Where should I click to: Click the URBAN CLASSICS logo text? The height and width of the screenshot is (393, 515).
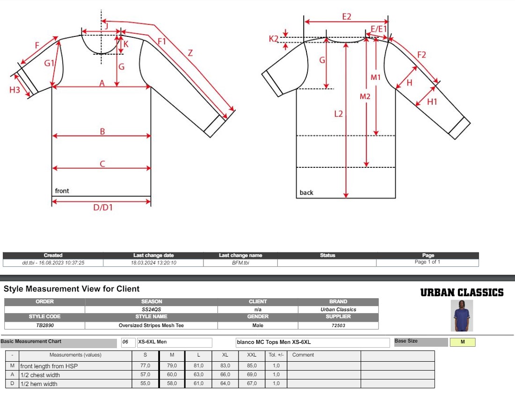[x=462, y=293]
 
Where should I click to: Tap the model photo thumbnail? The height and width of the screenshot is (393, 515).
[x=462, y=315]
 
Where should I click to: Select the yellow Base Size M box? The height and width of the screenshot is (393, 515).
[x=462, y=342]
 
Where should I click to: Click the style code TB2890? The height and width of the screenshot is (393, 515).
[x=44, y=325]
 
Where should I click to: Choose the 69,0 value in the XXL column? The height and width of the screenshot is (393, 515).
[x=252, y=375]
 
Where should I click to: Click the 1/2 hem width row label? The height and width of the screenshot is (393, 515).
[x=40, y=384]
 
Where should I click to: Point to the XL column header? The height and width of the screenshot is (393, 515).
[x=225, y=355]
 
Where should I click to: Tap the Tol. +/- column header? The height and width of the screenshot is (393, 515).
[x=276, y=355]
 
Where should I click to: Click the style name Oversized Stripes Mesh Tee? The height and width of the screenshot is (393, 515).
[x=151, y=325]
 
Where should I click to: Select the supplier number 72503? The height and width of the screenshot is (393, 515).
[x=338, y=325]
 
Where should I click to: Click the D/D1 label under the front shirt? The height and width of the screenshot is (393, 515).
[x=102, y=207]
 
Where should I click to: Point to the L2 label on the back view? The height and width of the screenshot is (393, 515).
[x=339, y=114]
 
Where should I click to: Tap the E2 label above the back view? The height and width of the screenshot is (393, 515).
[x=346, y=16]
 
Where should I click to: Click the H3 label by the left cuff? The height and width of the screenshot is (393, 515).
[x=15, y=90]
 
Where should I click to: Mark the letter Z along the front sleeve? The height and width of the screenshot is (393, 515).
[x=190, y=53]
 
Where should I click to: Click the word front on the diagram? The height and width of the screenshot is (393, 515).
[x=62, y=191]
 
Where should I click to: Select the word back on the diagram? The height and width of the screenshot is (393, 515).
[x=306, y=193]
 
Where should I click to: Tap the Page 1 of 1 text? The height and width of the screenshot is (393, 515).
[x=427, y=262]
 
